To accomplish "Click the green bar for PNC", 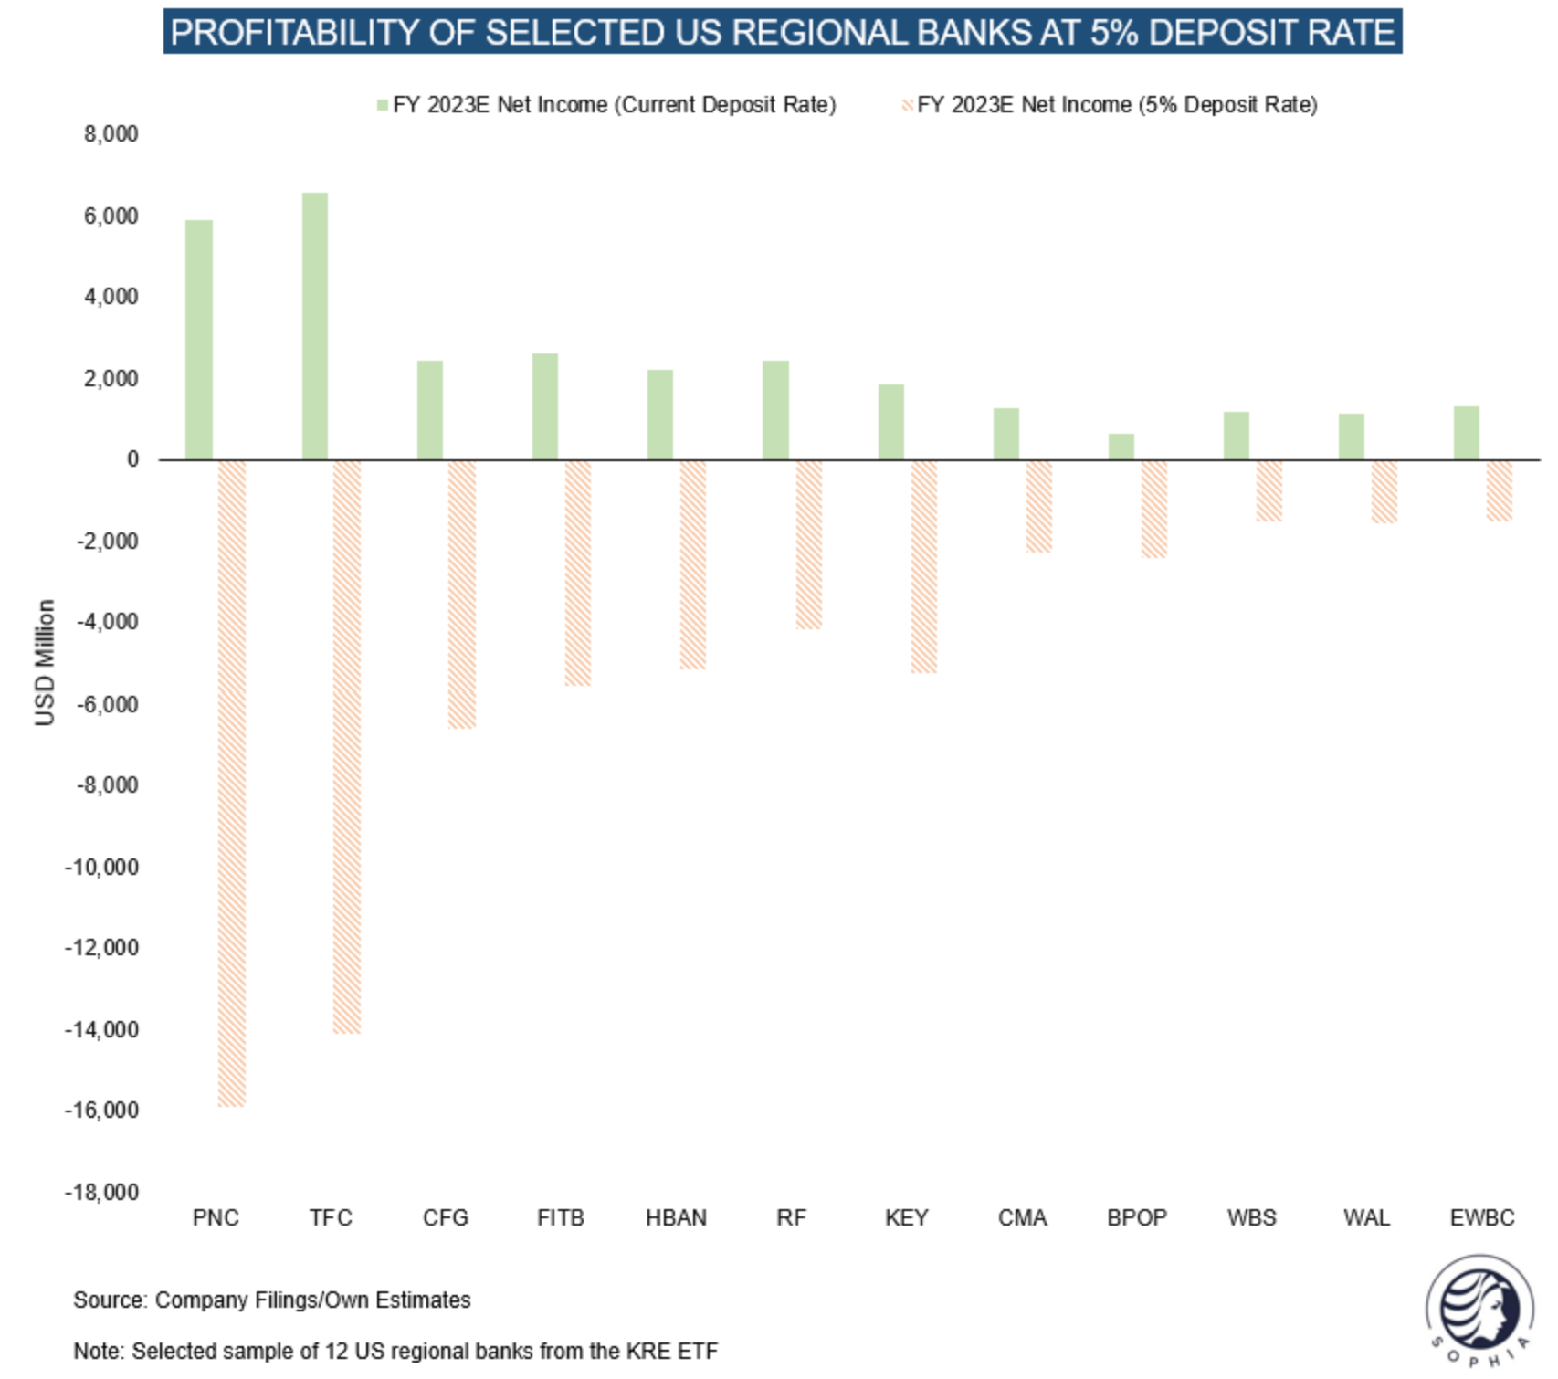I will coord(199,340).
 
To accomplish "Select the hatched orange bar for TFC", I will coord(347,747).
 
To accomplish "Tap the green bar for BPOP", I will coord(1121,447).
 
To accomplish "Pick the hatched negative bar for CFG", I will coord(462,594).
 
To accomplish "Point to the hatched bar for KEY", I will coord(923,566).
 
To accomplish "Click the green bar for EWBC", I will coord(1466,433).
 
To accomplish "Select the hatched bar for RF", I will coord(808,544).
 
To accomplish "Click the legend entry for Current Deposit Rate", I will coord(613,105).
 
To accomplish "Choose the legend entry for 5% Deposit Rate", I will coord(1116,105).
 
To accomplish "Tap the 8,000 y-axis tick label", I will coord(111,134).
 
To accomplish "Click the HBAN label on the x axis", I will coord(676,1217).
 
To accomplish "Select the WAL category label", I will coord(1366,1217).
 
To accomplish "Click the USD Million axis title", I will coord(45,662).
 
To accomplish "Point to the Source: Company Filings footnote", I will coord(272,1300).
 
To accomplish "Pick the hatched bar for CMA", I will coord(1038,506).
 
